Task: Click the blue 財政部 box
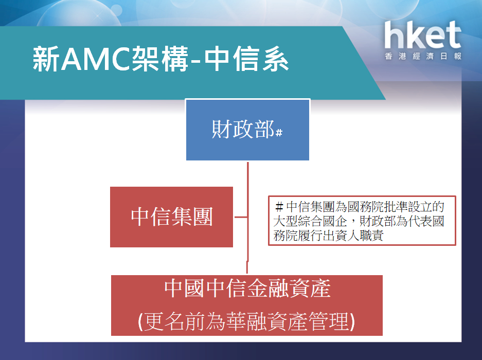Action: [247, 130]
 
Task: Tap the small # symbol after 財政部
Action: [279, 133]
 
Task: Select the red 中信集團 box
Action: [171, 217]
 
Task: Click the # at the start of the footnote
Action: [279, 208]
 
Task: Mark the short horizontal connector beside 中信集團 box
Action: [240, 217]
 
